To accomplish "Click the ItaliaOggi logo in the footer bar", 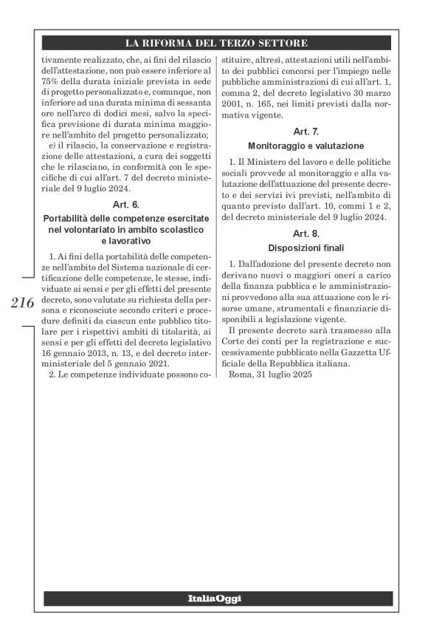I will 214,598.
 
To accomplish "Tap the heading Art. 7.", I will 306,132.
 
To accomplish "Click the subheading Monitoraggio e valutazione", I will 306,146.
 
